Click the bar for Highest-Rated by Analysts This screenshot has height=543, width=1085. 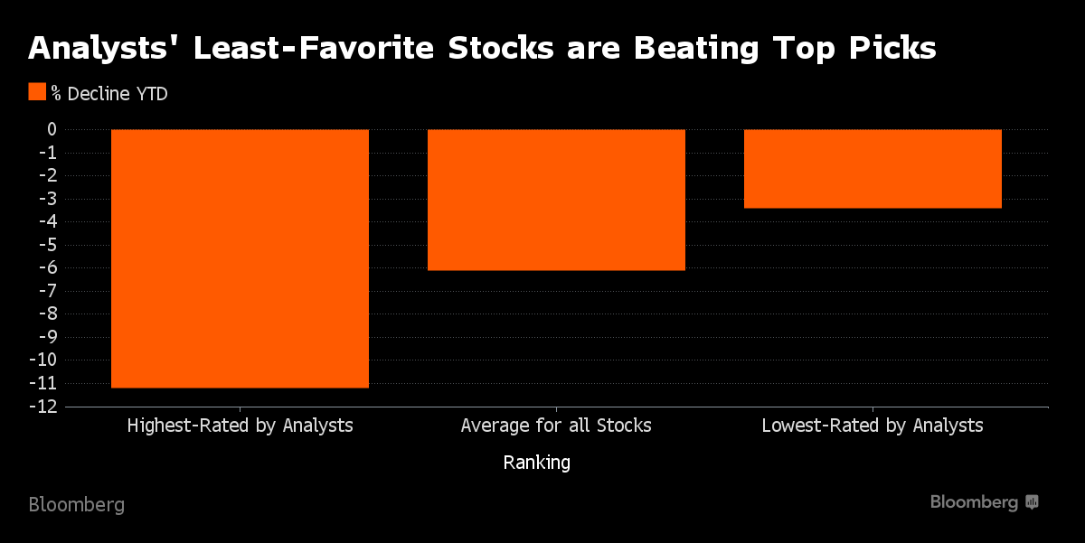240,258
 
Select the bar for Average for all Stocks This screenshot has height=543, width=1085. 556,200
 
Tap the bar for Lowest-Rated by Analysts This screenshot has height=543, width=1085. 873,169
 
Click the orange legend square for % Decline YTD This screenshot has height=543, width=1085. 37,92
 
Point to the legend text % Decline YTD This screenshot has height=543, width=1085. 109,93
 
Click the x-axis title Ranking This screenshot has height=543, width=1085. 536,463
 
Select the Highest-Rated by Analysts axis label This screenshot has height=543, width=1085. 240,425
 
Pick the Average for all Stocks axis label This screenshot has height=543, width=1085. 556,425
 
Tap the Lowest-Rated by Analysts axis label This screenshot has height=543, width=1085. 873,425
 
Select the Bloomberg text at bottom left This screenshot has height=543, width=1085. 77,504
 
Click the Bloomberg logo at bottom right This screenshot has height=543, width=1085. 984,502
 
